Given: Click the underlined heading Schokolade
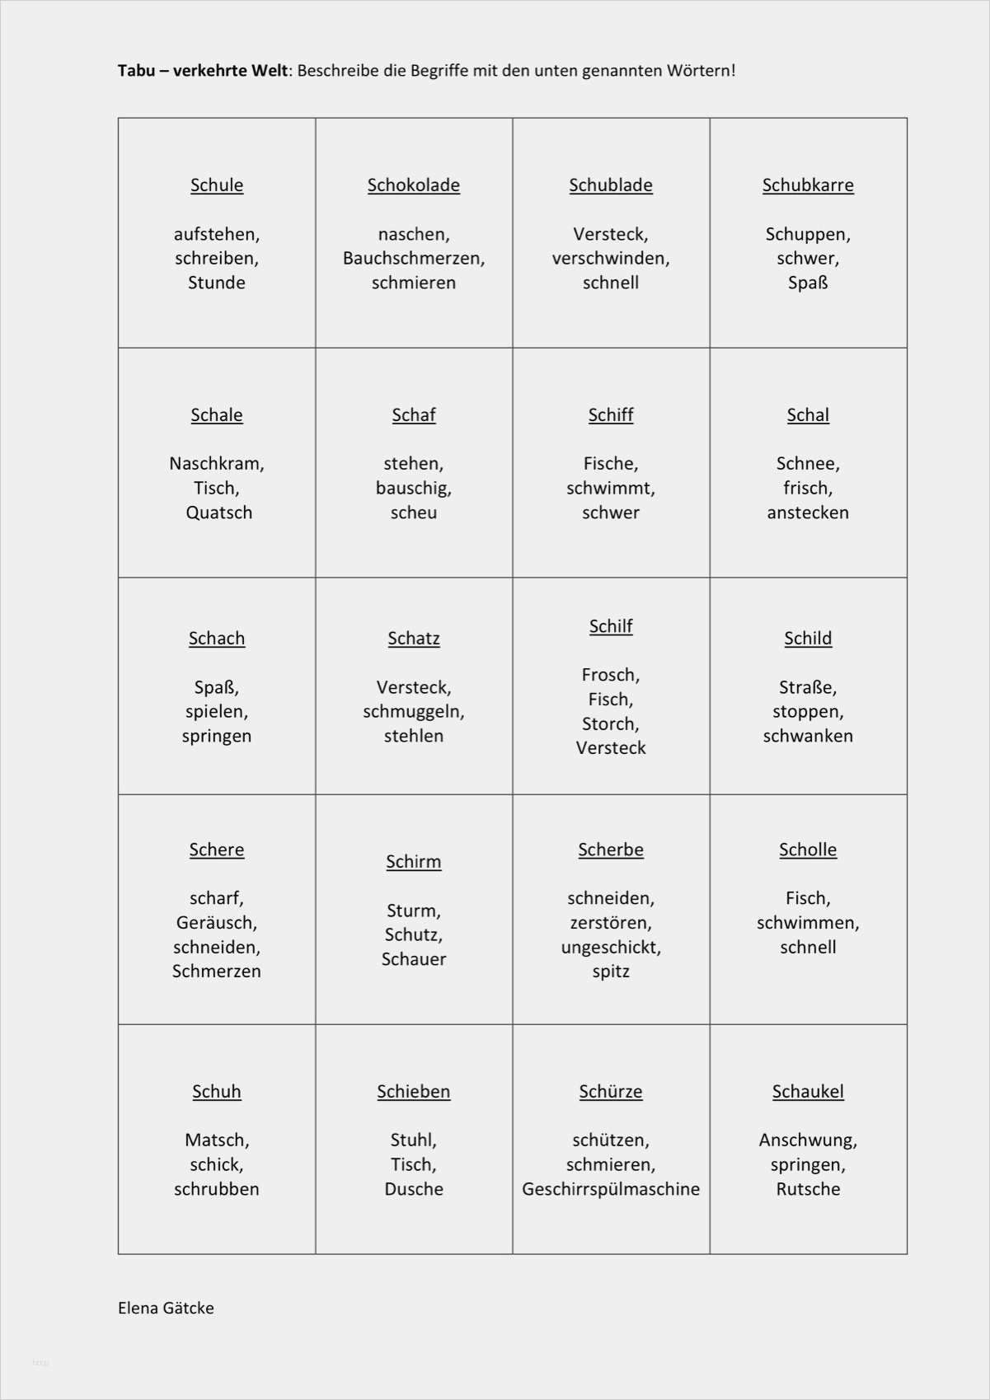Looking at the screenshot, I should (413, 185).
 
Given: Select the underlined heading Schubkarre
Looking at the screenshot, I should (808, 185).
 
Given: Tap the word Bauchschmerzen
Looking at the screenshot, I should (413, 259).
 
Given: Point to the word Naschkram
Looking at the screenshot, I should (216, 464).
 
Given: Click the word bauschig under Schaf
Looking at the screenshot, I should (413, 489).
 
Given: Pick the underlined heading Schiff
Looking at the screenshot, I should (611, 415).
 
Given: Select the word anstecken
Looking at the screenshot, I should (808, 513).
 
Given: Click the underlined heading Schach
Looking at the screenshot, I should (217, 639).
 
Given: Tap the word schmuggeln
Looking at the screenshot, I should (413, 712).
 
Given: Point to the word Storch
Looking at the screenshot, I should (610, 724).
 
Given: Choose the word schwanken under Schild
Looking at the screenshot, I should (808, 736).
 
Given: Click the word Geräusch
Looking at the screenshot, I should (216, 923).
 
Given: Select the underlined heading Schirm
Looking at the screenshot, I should (414, 862).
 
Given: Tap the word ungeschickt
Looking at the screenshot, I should (611, 948).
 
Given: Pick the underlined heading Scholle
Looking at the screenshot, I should (808, 850).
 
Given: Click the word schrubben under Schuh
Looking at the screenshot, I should (216, 1189).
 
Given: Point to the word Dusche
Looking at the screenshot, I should (414, 1189).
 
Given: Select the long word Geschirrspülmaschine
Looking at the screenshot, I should (611, 1189).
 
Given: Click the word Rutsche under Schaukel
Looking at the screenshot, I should (808, 1189).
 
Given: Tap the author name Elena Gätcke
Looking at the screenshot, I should (166, 1308).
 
